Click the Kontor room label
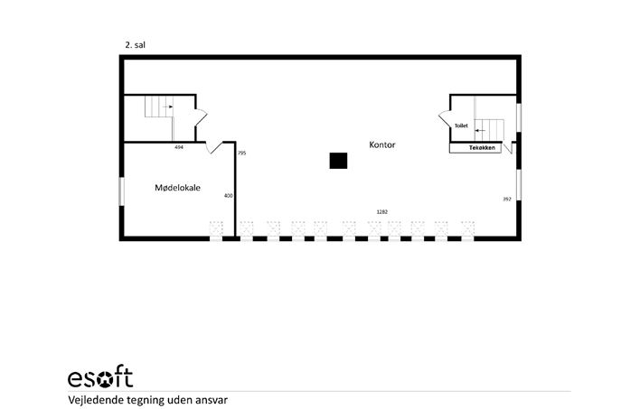381,144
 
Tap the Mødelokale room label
177,188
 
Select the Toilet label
461,125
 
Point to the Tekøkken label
482,148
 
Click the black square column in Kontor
338,161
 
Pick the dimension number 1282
381,212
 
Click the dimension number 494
179,147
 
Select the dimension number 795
241,153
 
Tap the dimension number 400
228,195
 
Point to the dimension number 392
507,199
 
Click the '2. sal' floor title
135,45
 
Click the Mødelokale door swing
213,148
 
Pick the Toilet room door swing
445,118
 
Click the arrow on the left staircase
167,107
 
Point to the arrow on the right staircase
480,130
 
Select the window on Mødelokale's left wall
122,191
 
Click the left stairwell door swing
202,117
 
